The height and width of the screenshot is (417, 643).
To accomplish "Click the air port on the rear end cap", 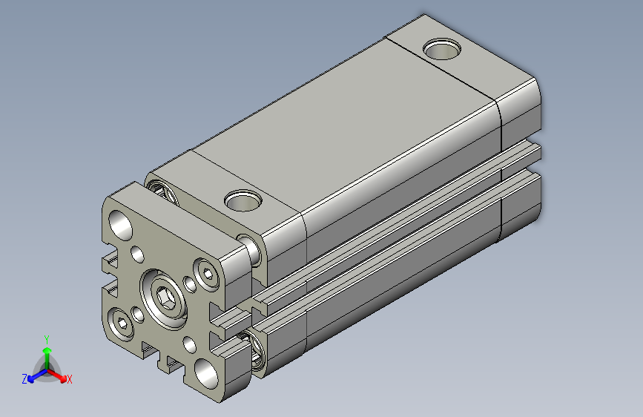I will pos(442,50).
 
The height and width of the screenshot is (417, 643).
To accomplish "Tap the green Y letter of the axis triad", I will pos(46,338).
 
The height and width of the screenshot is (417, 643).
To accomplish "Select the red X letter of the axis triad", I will pos(70,379).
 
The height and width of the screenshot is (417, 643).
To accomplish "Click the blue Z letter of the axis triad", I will pos(24,379).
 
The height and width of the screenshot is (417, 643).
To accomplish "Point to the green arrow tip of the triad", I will pos(47,349).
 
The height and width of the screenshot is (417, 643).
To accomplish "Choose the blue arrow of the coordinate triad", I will pos(33,376).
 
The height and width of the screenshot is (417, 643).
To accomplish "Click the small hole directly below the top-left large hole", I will pos(138,255).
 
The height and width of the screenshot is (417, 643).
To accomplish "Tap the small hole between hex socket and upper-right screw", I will pos(190,284).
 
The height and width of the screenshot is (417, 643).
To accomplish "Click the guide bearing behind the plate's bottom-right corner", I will pos(256,352).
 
